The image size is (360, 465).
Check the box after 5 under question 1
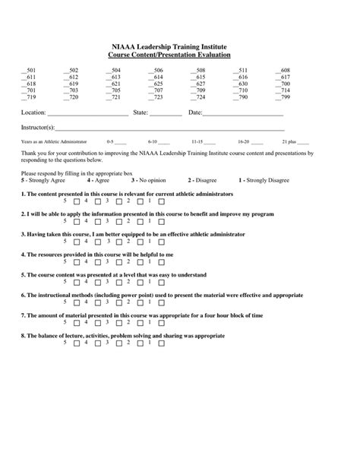point(77,201)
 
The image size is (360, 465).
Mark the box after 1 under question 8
point(162,343)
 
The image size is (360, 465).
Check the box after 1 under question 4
point(162,262)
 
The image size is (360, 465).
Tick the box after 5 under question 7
point(77,323)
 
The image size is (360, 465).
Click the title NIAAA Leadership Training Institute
point(179,47)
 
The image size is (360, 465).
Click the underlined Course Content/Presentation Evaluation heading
point(179,55)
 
